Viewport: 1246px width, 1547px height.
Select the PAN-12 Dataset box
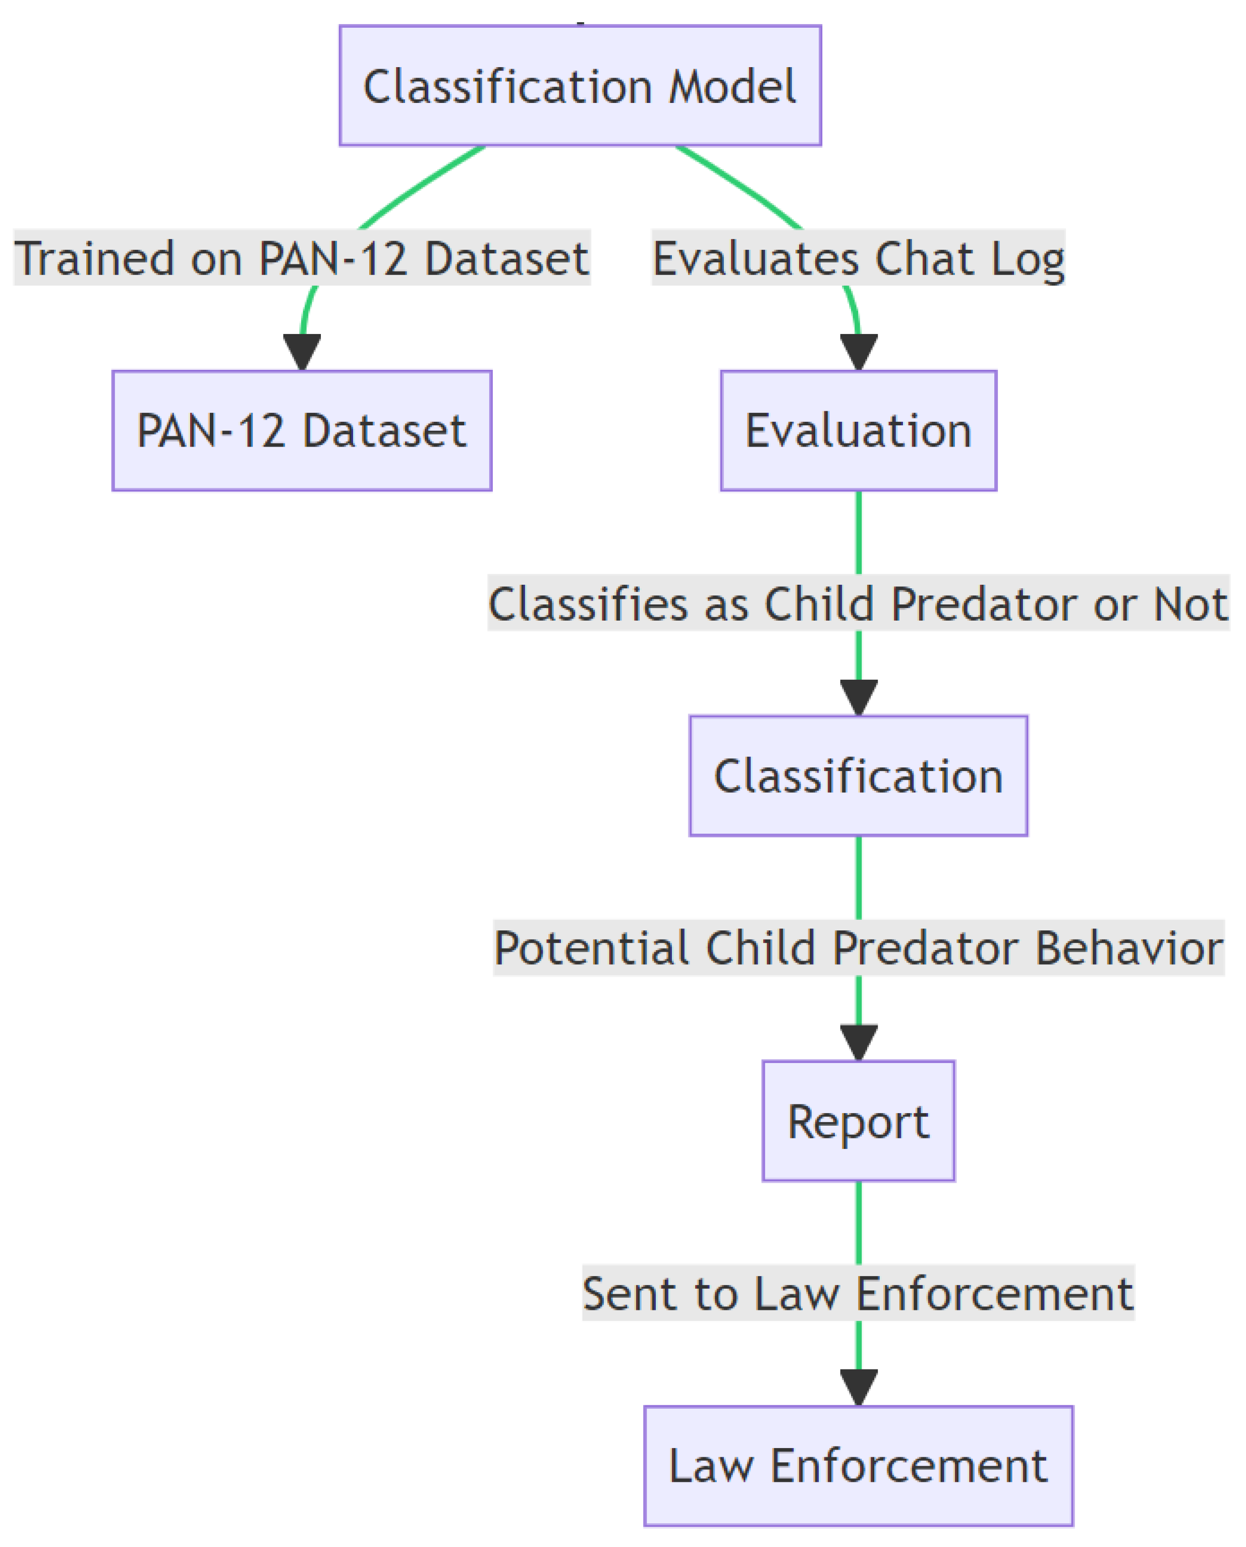[302, 431]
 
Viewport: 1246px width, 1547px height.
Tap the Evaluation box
[859, 431]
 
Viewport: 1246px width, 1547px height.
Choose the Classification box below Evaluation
[859, 776]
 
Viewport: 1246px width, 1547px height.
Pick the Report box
[859, 1121]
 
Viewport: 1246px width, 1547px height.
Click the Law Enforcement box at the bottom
[859, 1466]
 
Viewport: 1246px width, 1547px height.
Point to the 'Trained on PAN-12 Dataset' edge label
[302, 258]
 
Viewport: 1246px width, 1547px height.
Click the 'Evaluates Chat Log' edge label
[859, 258]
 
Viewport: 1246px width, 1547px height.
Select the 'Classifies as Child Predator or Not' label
[859, 603]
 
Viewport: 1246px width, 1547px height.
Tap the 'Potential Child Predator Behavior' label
[859, 948]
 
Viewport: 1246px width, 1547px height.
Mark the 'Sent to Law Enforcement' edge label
[859, 1293]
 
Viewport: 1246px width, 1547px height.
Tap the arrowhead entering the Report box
[859, 1043]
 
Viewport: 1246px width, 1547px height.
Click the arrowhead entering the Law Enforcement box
[859, 1388]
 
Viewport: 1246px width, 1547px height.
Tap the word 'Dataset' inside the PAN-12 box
[385, 431]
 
